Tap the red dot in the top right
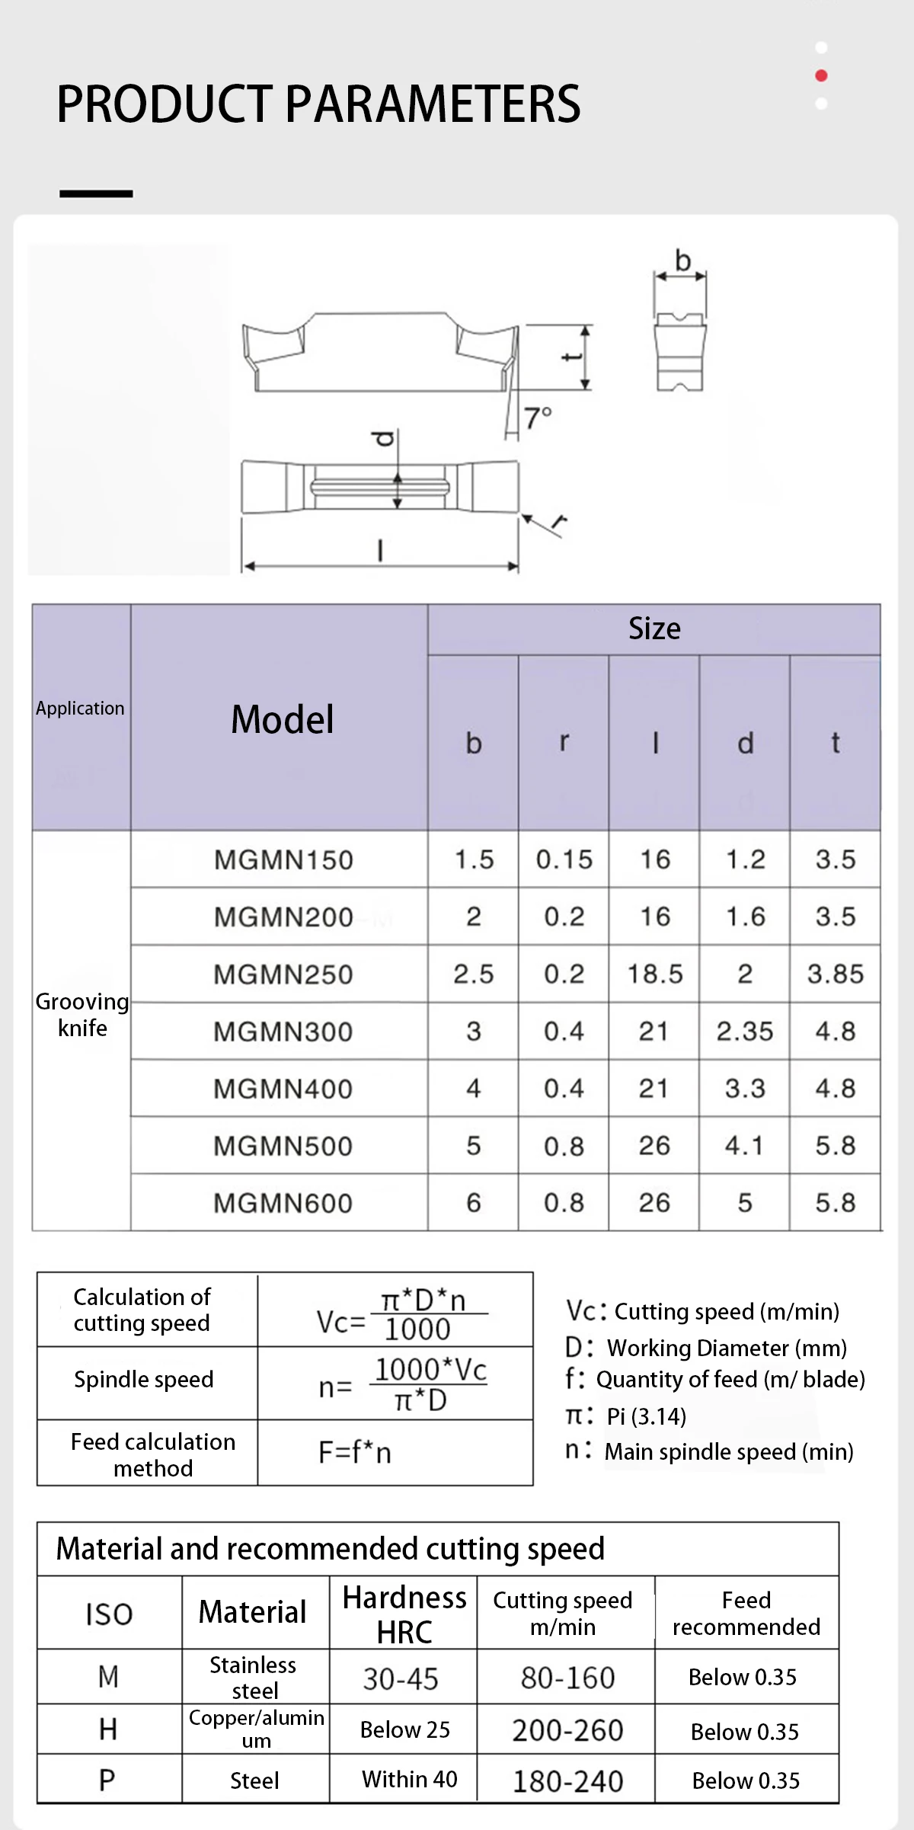pos(821,75)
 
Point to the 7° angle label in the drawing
pos(538,418)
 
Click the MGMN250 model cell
pos(283,974)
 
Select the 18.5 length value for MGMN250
pos(654,974)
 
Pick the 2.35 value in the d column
pos(744,1031)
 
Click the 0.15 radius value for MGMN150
pos(564,859)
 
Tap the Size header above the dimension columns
pos(654,629)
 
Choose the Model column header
pos(283,719)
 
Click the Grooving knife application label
pos(82,1015)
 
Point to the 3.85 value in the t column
pos(836,974)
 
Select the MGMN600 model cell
pos(283,1203)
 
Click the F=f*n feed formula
pos(355,1452)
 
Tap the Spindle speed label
pos(144,1379)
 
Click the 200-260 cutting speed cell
pos(567,1730)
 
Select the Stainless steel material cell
pos(254,1677)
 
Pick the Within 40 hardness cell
pos(409,1779)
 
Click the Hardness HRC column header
pos(404,1614)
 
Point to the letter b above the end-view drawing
pos(682,261)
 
